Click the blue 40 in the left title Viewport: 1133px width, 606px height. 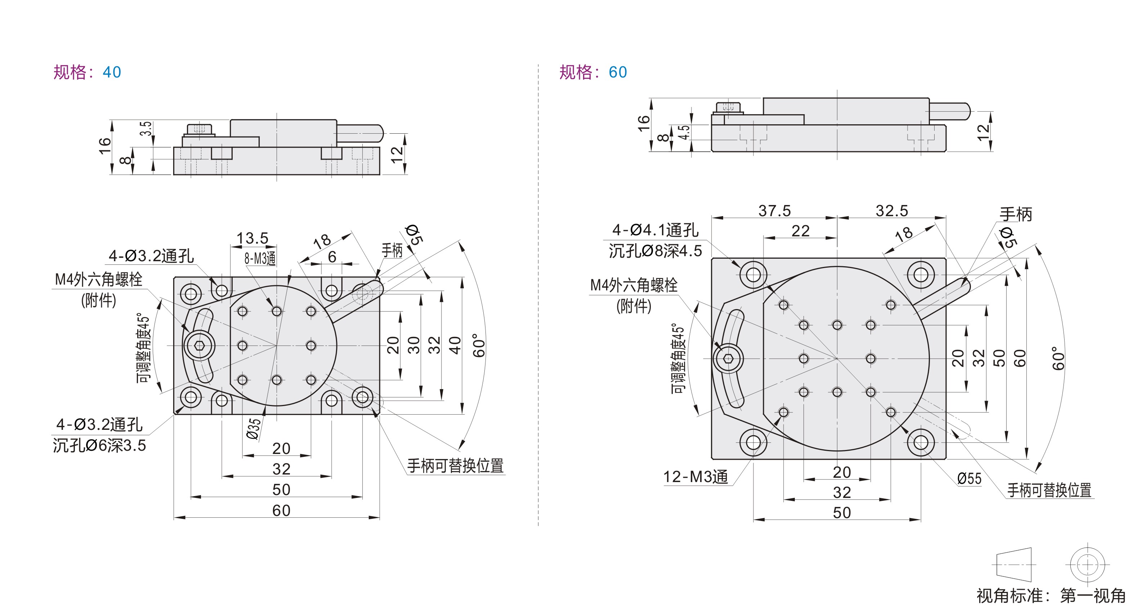112,72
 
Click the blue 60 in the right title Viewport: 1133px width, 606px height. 618,72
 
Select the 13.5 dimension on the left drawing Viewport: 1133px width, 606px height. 252,238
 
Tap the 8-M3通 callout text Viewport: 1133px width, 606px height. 260,258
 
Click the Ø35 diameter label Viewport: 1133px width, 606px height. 254,429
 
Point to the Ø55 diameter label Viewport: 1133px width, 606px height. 969,478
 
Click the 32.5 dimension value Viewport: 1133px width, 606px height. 892,211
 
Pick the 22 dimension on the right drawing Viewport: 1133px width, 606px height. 801,231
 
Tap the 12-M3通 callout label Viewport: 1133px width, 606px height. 695,477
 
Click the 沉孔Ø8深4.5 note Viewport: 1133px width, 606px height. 655,251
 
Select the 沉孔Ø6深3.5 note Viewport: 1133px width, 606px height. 99,445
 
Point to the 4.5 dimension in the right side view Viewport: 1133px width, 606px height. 684,132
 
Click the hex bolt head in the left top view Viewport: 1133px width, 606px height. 199,346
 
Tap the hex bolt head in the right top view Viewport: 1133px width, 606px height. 728,359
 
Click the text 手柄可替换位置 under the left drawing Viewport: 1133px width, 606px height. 455,465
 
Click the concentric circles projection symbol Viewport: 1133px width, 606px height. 1087,564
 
